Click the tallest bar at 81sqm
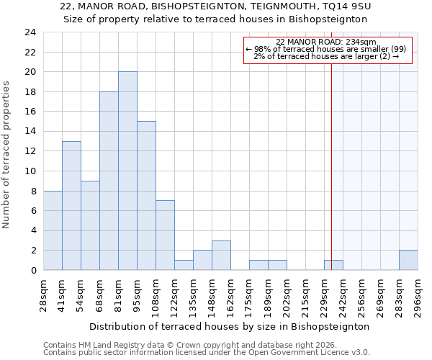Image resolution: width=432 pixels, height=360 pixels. (x=127, y=171)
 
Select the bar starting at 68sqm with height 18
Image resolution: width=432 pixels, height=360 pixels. (x=109, y=181)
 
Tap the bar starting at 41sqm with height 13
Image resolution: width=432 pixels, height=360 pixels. (x=71, y=206)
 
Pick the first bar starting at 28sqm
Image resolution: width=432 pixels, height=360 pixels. (x=53, y=230)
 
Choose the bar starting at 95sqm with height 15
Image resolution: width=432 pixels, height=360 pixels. (x=146, y=196)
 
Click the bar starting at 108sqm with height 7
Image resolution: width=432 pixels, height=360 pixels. (x=165, y=235)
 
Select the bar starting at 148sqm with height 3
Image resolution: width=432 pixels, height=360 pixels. (x=221, y=256)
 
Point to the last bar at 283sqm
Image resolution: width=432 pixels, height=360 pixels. (x=408, y=261)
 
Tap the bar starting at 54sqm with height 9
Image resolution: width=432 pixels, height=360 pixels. (x=90, y=225)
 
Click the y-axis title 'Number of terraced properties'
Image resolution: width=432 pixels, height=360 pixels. (x=7, y=154)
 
